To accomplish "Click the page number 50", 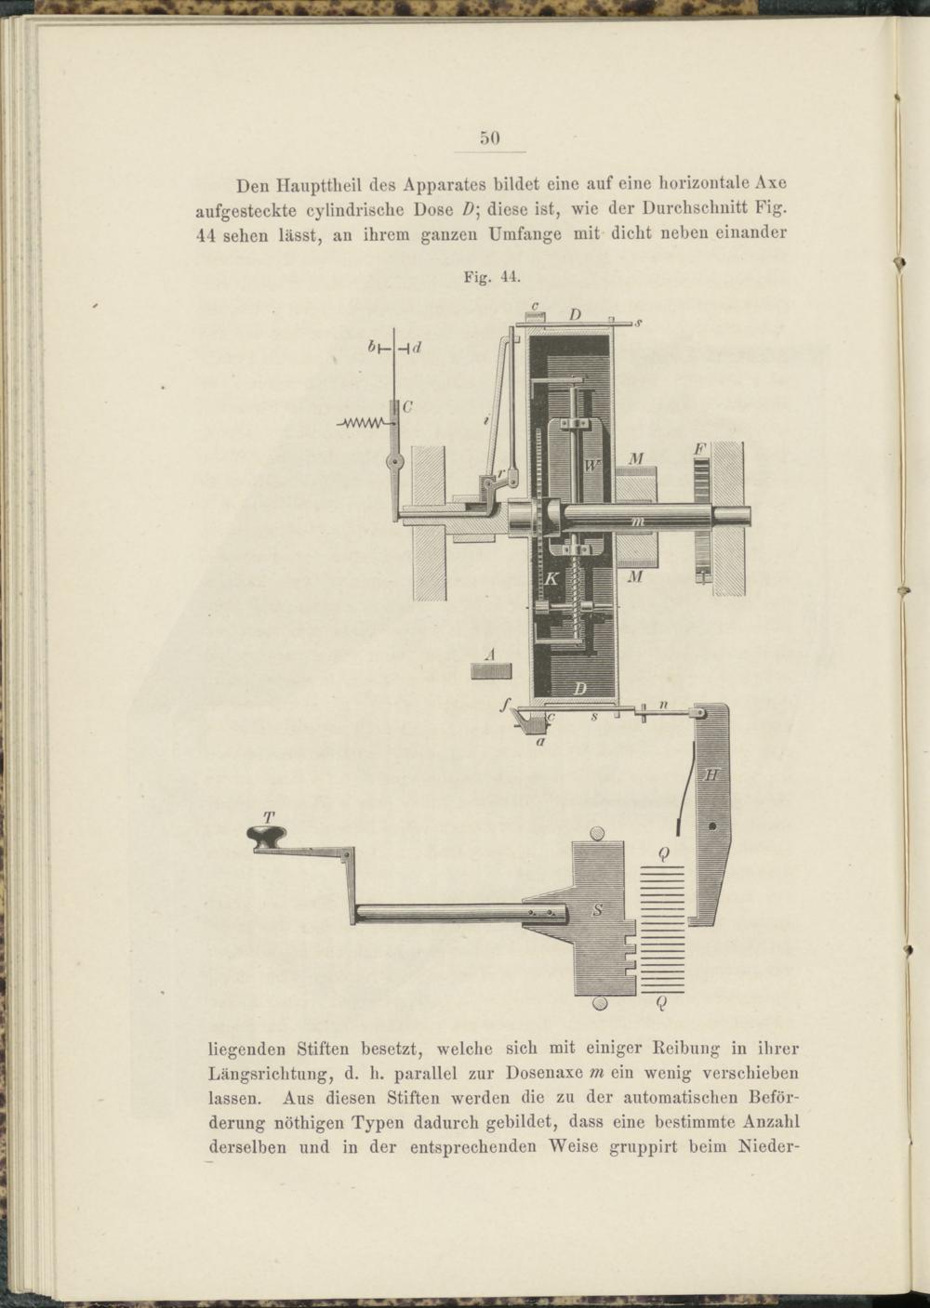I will click(490, 139).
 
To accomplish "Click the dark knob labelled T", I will click(269, 837).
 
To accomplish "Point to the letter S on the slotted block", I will click(597, 910).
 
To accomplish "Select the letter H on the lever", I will click(711, 774).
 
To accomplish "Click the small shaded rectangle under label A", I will click(491, 671).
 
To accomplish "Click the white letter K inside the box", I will click(551, 578).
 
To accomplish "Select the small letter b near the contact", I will click(371, 349).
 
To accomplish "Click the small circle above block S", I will click(597, 833).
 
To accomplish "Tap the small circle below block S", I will click(598, 1002).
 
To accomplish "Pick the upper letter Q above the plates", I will click(662, 854).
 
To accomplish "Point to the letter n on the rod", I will click(663, 706).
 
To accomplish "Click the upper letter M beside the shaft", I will click(636, 459).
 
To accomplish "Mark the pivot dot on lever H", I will click(712, 826).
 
